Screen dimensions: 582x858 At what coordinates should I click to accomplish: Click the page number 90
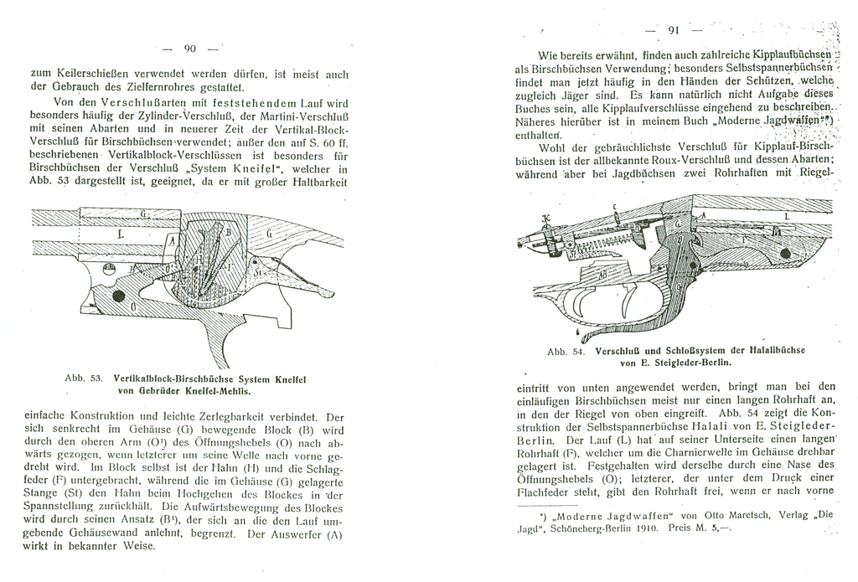click(x=189, y=48)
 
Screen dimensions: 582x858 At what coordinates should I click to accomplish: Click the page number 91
click(x=673, y=32)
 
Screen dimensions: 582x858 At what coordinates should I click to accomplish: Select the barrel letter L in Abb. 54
click(x=785, y=216)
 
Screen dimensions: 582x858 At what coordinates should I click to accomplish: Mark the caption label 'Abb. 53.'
click(x=83, y=379)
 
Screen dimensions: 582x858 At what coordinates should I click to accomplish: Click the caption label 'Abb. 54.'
click(x=565, y=352)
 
